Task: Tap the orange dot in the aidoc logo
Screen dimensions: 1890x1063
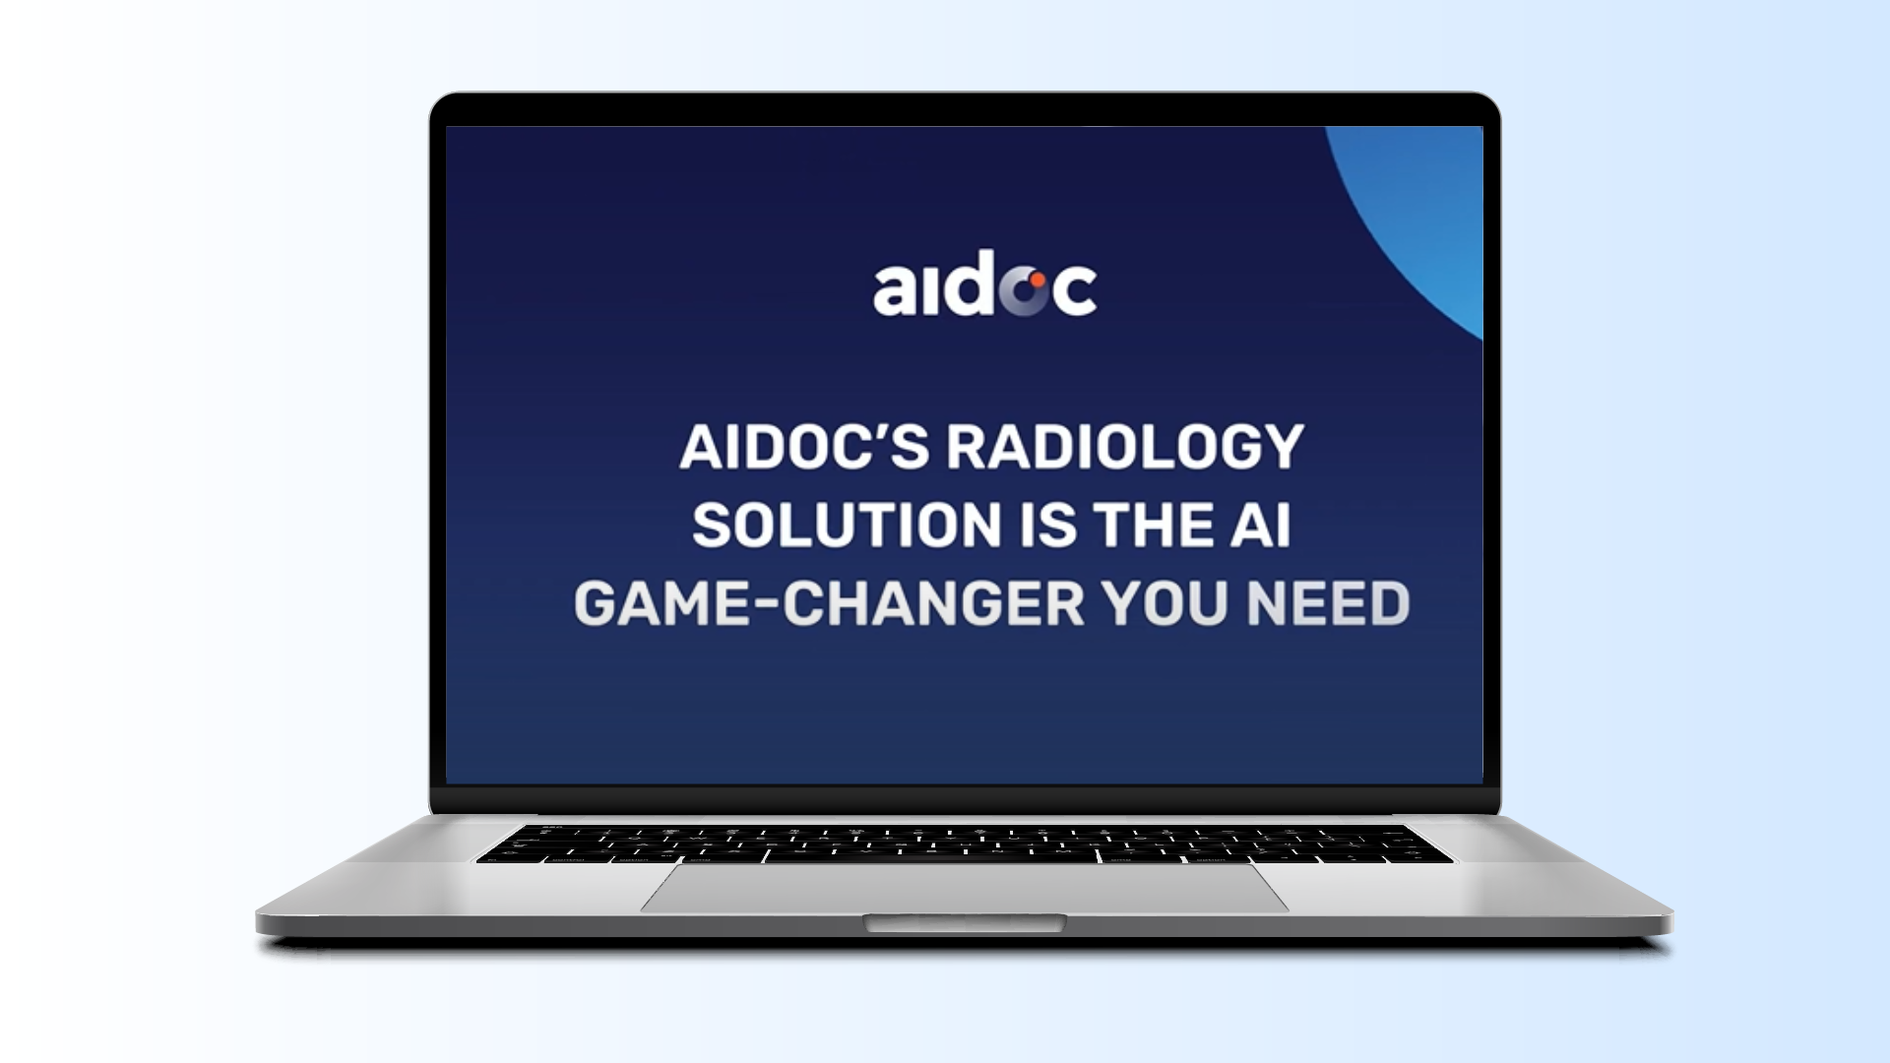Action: pos(1037,281)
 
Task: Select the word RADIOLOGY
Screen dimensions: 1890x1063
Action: pos(1125,447)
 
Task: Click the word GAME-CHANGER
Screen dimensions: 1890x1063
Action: pos(829,603)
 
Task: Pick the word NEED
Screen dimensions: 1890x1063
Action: pos(1328,603)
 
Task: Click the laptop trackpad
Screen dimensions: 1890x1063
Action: pos(965,888)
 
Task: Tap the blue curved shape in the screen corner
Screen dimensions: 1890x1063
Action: pos(1417,217)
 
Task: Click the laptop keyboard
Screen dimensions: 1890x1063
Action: pos(965,844)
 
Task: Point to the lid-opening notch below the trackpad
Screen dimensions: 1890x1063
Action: pos(965,922)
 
